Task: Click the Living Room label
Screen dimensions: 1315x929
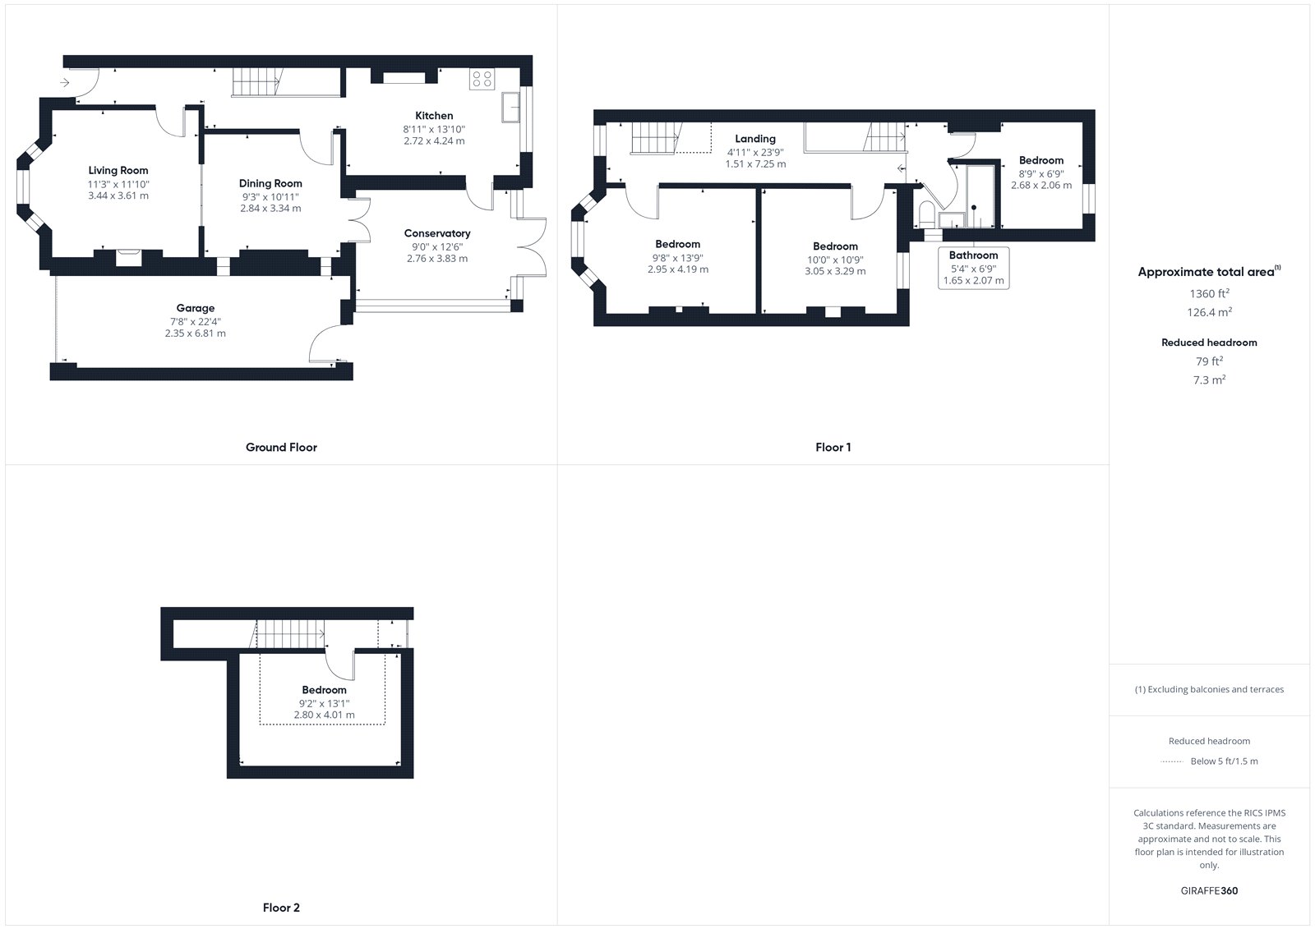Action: coord(118,170)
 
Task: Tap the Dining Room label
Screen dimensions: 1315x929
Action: coord(270,184)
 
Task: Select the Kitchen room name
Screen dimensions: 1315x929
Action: coord(434,116)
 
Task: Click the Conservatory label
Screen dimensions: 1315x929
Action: coord(437,233)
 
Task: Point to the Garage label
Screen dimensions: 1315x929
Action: coord(196,308)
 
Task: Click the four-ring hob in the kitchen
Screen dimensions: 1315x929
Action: coord(482,79)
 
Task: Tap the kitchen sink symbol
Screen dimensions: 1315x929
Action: coord(510,107)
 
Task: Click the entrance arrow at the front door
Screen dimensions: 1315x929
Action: coord(65,83)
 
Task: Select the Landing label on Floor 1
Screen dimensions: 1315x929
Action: coord(755,139)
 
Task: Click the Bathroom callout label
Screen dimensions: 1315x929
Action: coord(973,255)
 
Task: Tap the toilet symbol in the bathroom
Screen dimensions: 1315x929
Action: coord(926,214)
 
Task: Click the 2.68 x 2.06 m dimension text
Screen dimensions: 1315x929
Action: coord(1041,185)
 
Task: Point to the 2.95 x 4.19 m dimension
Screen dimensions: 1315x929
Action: coord(678,269)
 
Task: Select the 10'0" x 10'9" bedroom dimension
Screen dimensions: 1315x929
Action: coord(835,260)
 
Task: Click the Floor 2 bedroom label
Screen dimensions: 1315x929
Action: coord(324,690)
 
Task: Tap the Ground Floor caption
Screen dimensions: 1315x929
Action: coord(281,447)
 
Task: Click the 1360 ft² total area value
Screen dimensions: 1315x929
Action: coord(1209,293)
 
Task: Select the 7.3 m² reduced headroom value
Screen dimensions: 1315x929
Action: coord(1209,379)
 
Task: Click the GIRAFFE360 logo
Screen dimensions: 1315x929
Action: coord(1209,890)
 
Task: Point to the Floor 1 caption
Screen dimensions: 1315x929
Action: coord(833,447)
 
